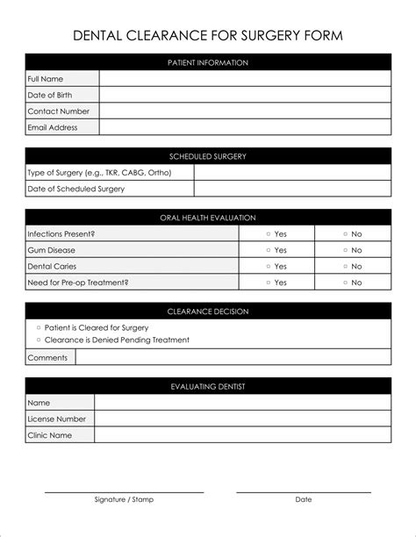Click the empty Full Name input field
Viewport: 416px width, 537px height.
pos(245,79)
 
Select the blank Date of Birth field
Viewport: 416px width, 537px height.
pos(245,95)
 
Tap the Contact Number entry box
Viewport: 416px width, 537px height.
pos(245,111)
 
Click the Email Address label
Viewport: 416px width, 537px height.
pos(53,127)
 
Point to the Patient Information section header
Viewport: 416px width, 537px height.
pos(208,62)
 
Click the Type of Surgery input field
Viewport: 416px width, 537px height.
pos(292,173)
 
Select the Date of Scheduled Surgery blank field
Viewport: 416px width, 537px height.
pos(292,189)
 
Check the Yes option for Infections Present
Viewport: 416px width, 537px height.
pos(269,234)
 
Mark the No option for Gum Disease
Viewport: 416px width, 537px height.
pos(345,250)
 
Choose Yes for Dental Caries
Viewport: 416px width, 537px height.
pos(269,267)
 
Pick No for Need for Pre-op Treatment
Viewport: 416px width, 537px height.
pos(345,283)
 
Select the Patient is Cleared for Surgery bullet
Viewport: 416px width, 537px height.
pos(39,327)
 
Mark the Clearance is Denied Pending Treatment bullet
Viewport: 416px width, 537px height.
pos(39,340)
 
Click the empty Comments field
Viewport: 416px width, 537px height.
pos(233,357)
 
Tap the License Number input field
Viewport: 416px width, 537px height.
pos(242,419)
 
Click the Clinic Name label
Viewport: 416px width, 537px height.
pos(50,435)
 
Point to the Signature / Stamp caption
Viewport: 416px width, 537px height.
pos(124,499)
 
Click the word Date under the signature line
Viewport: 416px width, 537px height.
pos(303,499)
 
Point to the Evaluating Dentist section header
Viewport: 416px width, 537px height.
pos(208,386)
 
